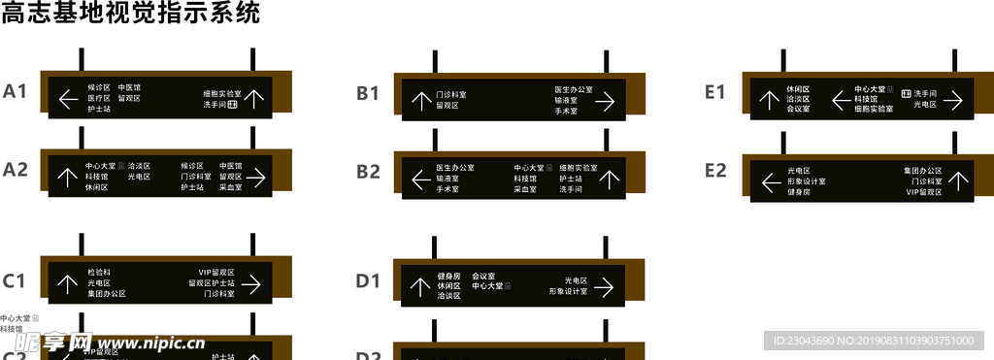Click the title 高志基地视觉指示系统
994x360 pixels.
(131, 14)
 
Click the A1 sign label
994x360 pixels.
(15, 92)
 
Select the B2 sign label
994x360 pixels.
(368, 172)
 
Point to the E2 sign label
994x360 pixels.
(715, 171)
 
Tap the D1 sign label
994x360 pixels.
(368, 281)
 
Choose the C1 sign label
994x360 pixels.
(15, 281)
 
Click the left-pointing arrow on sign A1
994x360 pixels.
(68, 98)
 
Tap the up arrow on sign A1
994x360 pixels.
(254, 98)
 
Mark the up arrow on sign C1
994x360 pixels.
(67, 283)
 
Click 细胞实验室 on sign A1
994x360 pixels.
(222, 93)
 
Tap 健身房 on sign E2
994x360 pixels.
(799, 192)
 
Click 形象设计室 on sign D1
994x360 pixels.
(568, 291)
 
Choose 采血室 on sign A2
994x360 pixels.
(230, 186)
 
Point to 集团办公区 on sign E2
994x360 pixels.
(922, 171)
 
